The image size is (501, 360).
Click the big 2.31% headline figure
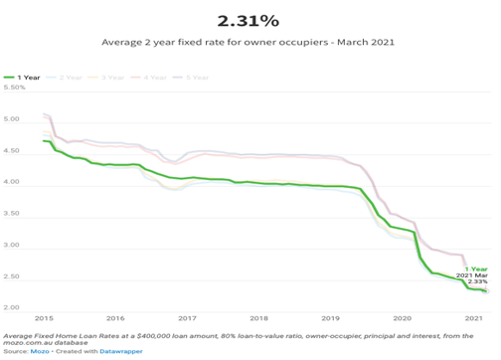pos(250,19)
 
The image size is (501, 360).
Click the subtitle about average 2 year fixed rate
pos(250,44)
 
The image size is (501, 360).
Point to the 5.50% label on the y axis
pos(16,89)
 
